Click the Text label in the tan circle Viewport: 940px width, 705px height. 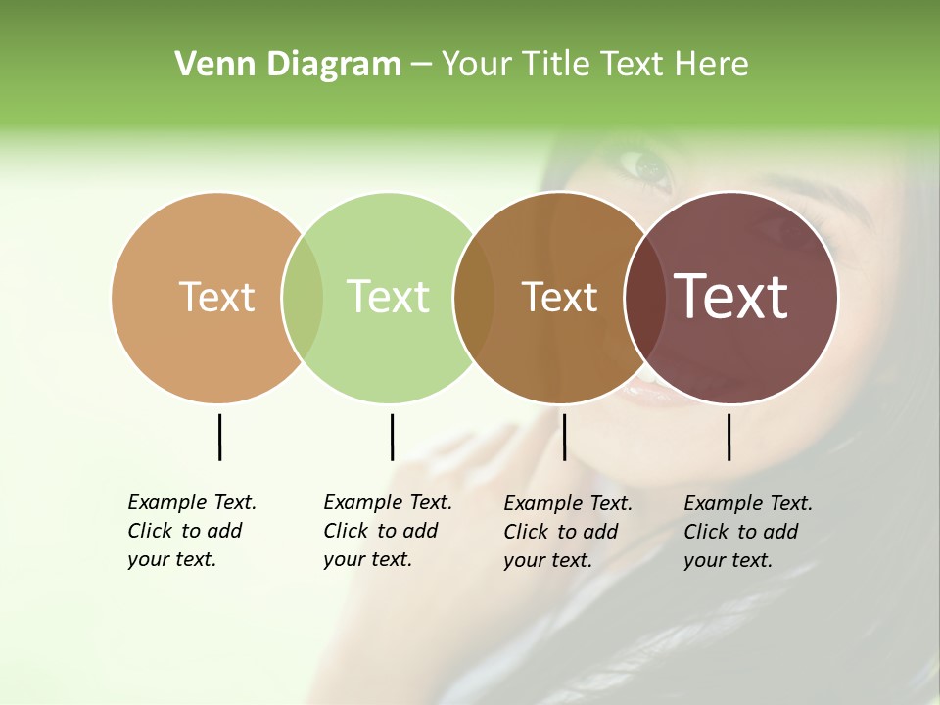pyautogui.click(x=216, y=297)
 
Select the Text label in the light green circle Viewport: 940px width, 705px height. pyautogui.click(x=388, y=297)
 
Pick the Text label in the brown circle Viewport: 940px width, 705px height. pyautogui.click(x=559, y=298)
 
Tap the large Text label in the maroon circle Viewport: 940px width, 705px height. pyautogui.click(x=731, y=297)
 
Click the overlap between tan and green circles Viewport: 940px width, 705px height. pyautogui.click(x=303, y=298)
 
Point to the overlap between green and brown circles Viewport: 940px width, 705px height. pyautogui.click(x=474, y=298)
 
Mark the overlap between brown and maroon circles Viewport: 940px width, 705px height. pyautogui.click(x=644, y=298)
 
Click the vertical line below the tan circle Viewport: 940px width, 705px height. pyautogui.click(x=219, y=437)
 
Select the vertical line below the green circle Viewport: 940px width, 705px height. pyautogui.click(x=392, y=437)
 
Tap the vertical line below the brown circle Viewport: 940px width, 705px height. pyautogui.click(x=564, y=437)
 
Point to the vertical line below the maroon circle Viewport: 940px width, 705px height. pyautogui.click(x=728, y=437)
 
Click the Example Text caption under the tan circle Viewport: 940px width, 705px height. pyautogui.click(x=191, y=531)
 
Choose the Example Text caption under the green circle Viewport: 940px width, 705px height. pyautogui.click(x=387, y=531)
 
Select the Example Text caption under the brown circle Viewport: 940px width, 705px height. pyautogui.click(x=567, y=532)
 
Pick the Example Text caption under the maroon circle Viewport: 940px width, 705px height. pyautogui.click(x=747, y=532)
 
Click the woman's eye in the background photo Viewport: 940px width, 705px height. pyautogui.click(x=649, y=167)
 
